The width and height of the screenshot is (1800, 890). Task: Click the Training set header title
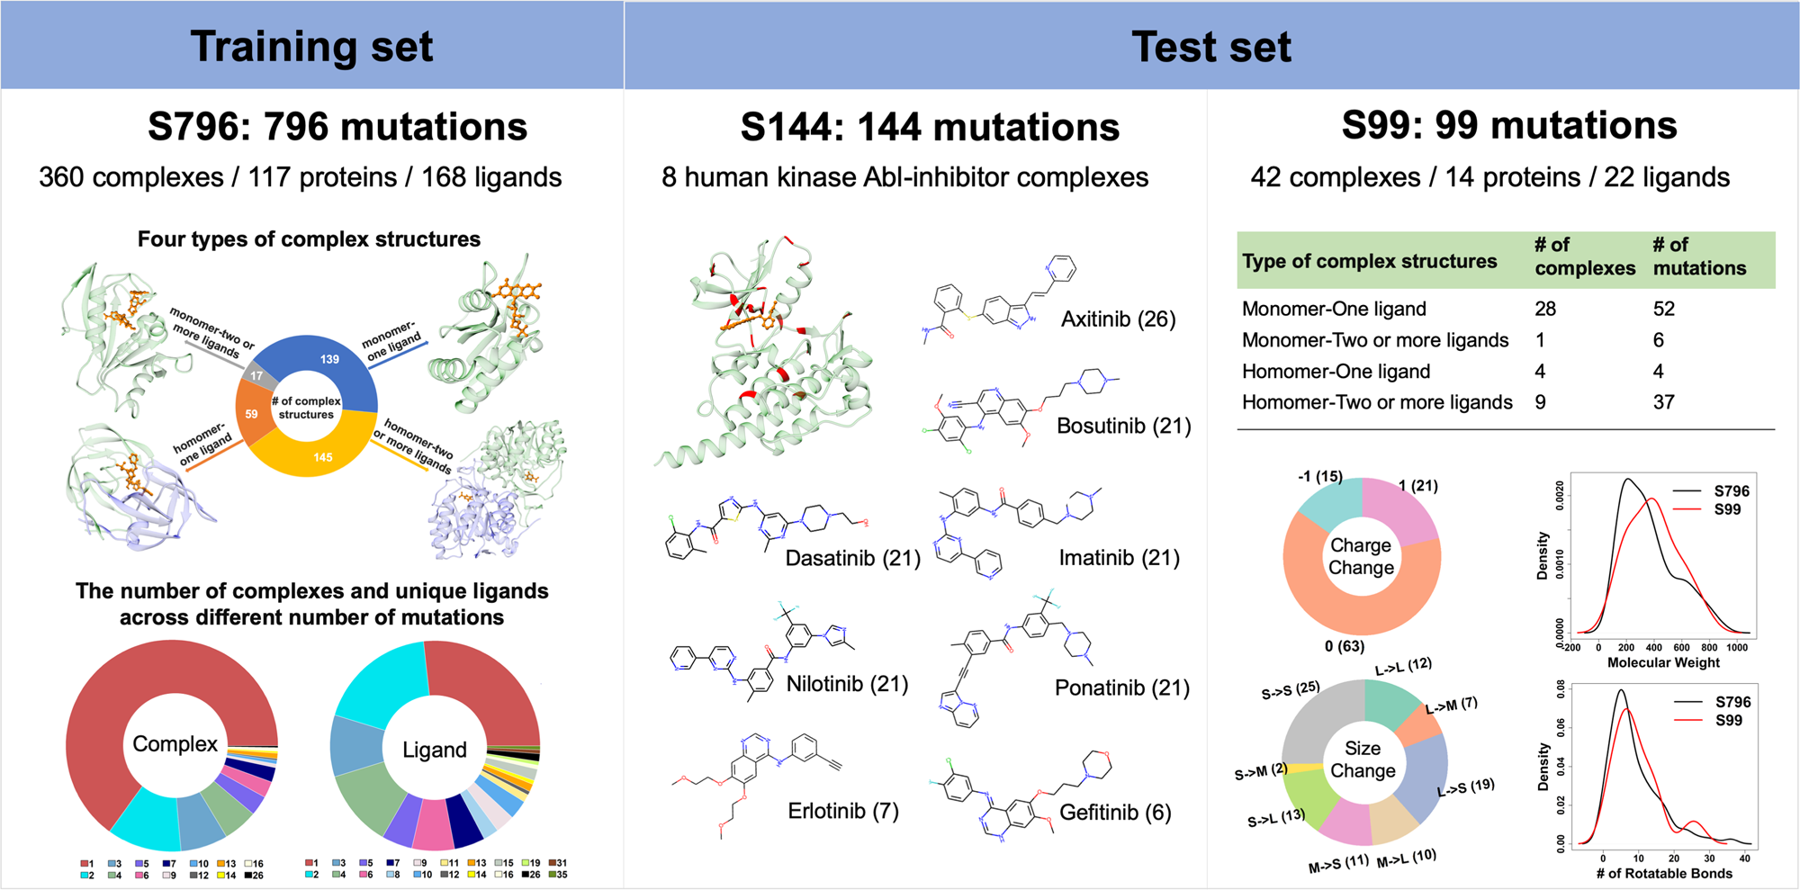click(311, 47)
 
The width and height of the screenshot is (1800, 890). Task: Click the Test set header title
click(1211, 47)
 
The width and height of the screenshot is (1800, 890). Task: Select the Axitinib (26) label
click(1118, 319)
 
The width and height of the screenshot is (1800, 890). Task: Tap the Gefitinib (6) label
click(1115, 813)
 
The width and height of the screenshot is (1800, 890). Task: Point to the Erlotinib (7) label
click(843, 811)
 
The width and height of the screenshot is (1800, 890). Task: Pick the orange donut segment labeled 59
click(251, 414)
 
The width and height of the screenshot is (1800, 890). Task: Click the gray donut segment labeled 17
click(257, 376)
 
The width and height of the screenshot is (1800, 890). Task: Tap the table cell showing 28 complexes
click(1545, 310)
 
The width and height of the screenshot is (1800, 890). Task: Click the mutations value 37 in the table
click(1664, 402)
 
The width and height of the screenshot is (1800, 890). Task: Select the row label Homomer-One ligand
click(1336, 372)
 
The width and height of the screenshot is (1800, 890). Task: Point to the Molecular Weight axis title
click(1663, 663)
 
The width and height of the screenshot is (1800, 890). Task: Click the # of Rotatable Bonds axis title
click(1664, 873)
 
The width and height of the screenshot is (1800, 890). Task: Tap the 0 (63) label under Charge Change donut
click(1345, 646)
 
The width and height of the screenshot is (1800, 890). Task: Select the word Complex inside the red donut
click(175, 744)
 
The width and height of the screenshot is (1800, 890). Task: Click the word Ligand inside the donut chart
click(435, 750)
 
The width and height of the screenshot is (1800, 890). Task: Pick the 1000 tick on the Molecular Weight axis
click(1737, 648)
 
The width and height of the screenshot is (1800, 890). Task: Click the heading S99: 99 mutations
click(1509, 126)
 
